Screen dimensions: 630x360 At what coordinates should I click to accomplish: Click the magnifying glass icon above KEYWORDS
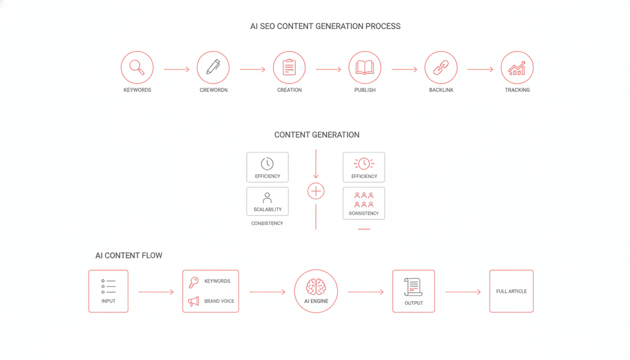pos(137,67)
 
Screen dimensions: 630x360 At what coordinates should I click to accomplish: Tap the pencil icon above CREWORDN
pos(213,67)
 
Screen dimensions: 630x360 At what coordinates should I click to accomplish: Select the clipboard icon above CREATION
pos(289,67)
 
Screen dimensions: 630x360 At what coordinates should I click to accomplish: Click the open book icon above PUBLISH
pos(365,68)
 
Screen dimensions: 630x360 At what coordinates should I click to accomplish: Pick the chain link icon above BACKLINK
pos(441,67)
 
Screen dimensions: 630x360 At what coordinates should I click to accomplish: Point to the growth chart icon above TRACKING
pos(517,68)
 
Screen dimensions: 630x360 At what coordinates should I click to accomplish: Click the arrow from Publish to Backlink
pos(404,69)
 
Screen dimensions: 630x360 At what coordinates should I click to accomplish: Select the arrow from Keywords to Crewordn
pos(176,69)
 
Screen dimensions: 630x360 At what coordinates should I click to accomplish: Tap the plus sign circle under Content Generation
pos(316,191)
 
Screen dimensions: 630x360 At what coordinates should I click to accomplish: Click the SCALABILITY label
pos(267,210)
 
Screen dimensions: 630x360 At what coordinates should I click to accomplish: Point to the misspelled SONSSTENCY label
pos(364,213)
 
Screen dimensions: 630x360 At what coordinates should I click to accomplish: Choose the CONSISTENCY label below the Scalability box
pos(267,223)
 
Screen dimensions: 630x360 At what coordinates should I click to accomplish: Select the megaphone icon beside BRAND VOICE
pos(193,301)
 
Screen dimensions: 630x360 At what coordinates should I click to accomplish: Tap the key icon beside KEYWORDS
pos(194,282)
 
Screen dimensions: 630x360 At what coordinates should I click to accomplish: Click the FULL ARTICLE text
pos(511,292)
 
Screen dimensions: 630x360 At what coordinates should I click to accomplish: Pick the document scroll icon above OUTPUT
pos(413,287)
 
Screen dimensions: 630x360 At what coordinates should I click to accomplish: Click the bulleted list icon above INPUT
pos(108,287)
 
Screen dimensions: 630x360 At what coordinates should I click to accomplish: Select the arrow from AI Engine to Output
pos(365,292)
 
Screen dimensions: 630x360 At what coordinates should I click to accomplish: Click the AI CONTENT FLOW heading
pos(129,256)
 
